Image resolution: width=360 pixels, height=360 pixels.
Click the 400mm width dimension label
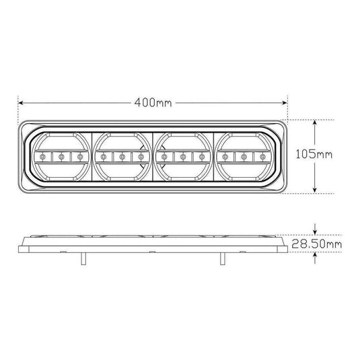(153, 104)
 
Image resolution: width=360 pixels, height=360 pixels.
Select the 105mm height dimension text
(314, 155)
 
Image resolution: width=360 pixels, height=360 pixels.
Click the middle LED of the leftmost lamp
(61, 157)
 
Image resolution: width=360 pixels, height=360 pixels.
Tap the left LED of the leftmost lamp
(42, 157)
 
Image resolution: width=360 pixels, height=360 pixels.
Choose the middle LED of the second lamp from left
(122, 157)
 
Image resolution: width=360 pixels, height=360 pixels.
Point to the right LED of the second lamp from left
(141, 157)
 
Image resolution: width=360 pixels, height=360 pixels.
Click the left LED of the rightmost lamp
(224, 157)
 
